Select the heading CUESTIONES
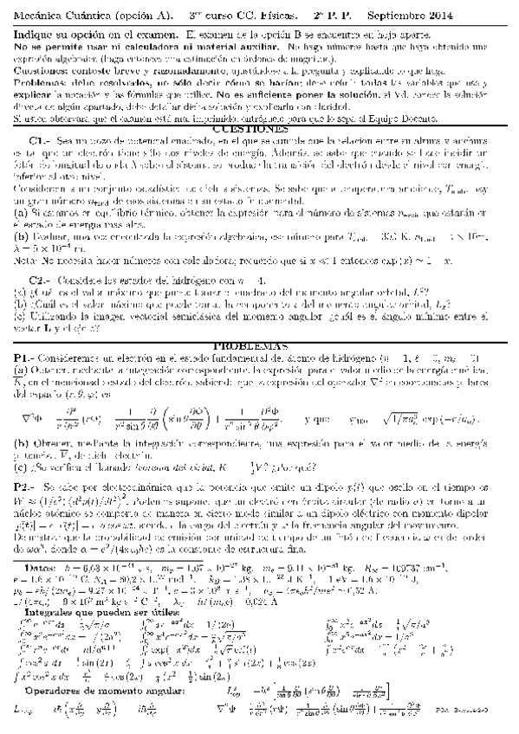(x=260, y=126)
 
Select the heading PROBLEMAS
(x=259, y=344)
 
